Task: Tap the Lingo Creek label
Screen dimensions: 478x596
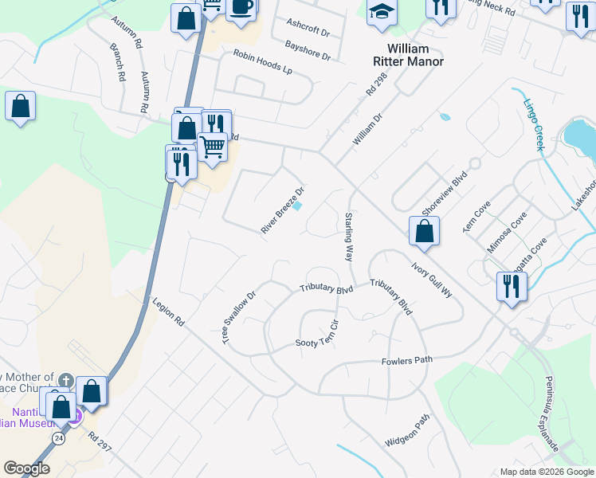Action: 533,123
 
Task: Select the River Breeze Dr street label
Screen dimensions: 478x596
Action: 284,210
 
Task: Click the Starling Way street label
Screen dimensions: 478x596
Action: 348,237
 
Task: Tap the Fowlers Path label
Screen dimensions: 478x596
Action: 406,361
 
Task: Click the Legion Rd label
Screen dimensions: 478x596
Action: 168,311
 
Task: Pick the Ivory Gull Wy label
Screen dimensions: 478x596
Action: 432,278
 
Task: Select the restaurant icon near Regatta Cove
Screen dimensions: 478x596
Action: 509,285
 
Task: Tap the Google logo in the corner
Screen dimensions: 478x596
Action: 27,468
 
